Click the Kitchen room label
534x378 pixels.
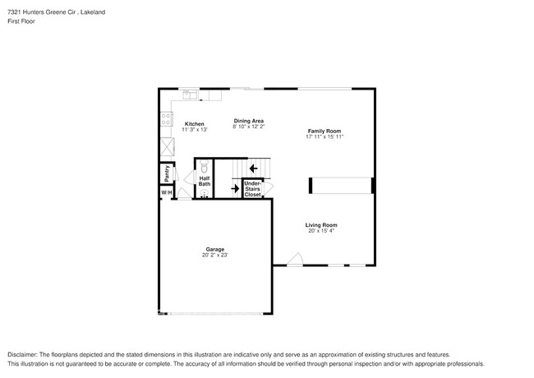194,124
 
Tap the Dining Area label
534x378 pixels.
248,121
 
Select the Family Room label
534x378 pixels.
325,131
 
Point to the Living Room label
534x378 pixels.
321,225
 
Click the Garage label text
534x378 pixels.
214,249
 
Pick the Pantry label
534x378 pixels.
167,173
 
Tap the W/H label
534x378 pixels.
166,192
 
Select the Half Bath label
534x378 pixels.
205,181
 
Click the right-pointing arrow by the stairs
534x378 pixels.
235,188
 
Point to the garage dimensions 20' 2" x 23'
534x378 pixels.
214,256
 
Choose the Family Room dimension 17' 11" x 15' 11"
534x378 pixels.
325,136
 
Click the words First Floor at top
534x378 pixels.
21,22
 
